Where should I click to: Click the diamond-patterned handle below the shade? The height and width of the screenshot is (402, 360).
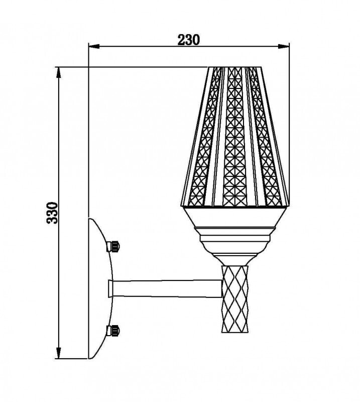(235, 299)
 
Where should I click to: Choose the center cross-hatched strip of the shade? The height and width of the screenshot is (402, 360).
(234, 136)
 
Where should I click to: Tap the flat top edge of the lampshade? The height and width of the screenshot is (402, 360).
(236, 67)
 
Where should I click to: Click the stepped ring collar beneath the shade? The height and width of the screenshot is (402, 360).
(236, 234)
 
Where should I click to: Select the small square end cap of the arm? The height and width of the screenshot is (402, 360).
(110, 288)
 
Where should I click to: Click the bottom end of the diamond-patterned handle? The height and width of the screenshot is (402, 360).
(235, 331)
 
